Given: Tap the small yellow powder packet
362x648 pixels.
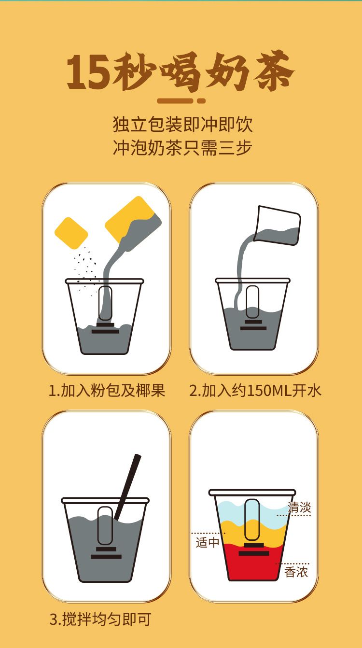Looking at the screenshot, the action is [x=71, y=233].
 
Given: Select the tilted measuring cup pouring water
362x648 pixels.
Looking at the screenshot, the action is [x=277, y=225].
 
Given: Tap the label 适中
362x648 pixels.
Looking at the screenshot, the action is [x=208, y=542].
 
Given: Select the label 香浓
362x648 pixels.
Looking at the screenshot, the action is [x=296, y=572].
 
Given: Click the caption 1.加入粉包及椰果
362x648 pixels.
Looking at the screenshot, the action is [x=107, y=391].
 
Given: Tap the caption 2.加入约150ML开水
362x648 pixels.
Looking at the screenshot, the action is [x=255, y=391].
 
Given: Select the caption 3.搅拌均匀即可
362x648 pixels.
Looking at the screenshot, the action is [x=100, y=619].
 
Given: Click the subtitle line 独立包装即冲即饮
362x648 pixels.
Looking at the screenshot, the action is [x=182, y=125].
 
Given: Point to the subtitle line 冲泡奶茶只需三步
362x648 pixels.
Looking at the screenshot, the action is [x=182, y=148].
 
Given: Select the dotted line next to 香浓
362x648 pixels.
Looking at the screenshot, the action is [x=292, y=563].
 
